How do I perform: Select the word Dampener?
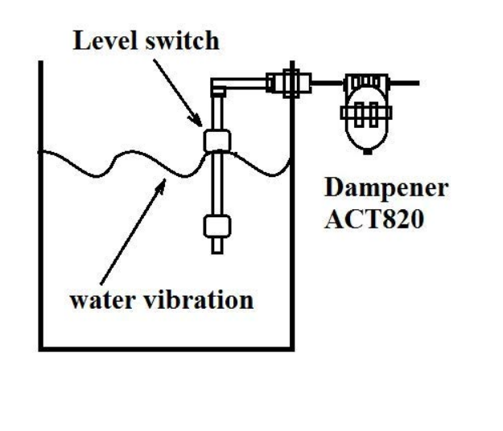click(385, 190)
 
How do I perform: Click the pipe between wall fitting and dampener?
click(327, 81)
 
